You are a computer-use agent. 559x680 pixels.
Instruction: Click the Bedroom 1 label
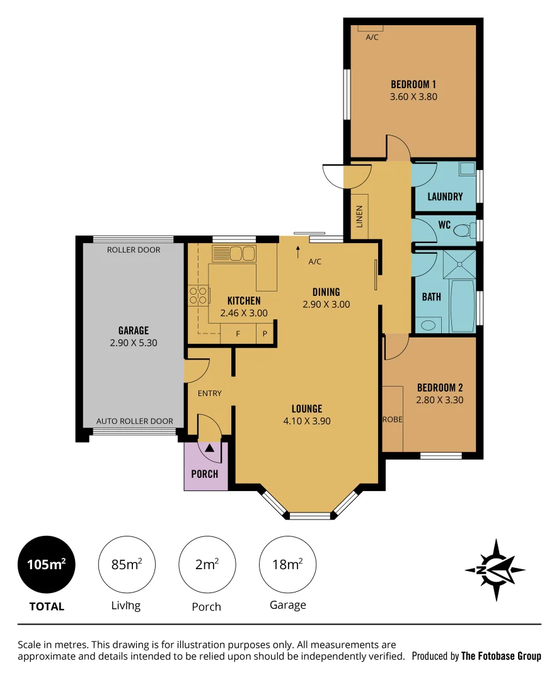(413, 84)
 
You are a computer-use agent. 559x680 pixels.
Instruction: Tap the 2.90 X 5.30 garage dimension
(133, 343)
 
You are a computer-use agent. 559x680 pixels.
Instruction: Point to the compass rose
(495, 569)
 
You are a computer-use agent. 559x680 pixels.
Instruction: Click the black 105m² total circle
(47, 564)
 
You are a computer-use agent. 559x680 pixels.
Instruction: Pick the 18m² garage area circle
(288, 564)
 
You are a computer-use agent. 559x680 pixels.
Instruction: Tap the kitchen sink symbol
(233, 254)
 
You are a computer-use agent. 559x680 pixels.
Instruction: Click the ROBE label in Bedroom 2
(393, 419)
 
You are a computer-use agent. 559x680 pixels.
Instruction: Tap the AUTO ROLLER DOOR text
(134, 421)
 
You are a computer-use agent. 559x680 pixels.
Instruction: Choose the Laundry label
(445, 196)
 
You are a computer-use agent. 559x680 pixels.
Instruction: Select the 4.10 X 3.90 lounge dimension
(307, 421)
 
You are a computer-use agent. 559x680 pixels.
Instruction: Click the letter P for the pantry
(265, 334)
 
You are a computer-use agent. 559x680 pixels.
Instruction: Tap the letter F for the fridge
(238, 334)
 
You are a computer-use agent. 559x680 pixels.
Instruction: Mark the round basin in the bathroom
(428, 326)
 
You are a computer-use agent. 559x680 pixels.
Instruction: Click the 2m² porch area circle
(207, 564)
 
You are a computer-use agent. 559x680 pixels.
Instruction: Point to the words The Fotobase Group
(501, 656)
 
